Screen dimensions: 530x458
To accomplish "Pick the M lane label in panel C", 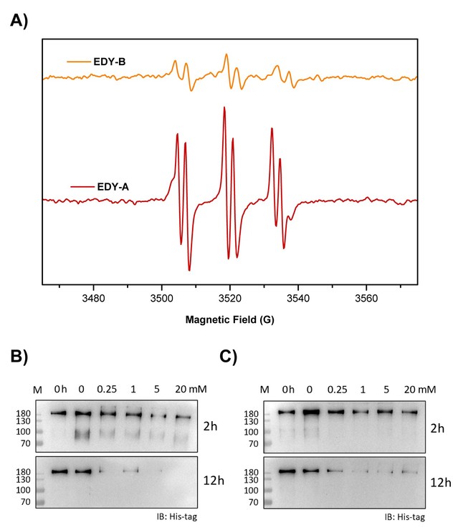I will click(x=264, y=390).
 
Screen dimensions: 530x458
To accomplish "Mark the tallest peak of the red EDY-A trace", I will click(x=224, y=108).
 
